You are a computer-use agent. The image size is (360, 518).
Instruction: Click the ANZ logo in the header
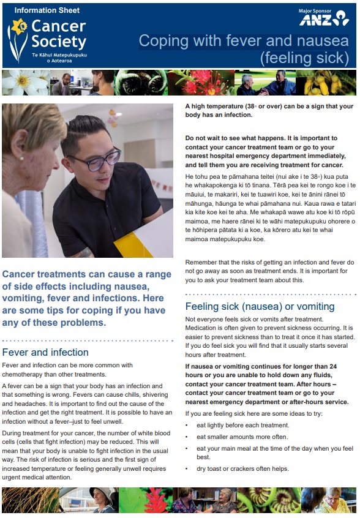[324, 20]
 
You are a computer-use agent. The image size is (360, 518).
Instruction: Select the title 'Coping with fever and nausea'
[244, 41]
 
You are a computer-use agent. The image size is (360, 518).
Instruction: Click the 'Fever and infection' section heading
[45, 352]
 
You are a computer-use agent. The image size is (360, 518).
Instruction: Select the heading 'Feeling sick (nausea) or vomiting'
[260, 306]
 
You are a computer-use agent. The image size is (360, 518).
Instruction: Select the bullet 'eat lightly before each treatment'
[234, 425]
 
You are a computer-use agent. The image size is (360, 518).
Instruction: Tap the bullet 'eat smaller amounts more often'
[233, 437]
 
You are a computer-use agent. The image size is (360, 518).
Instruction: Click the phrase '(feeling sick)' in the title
[304, 59]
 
